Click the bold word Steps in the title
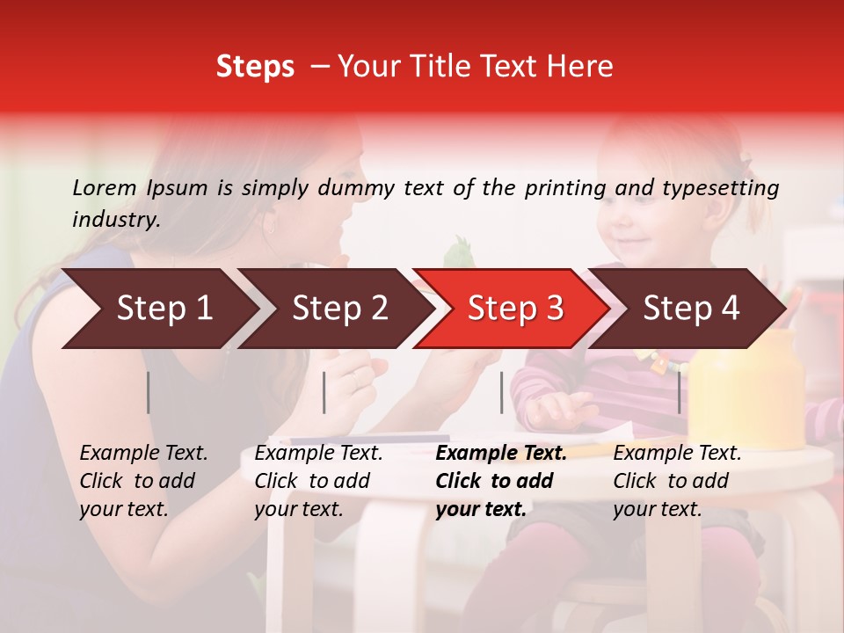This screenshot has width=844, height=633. [x=255, y=66]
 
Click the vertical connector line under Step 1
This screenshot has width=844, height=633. [x=149, y=392]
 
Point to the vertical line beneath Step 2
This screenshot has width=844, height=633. [x=324, y=392]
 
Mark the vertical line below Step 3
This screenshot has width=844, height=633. [x=502, y=392]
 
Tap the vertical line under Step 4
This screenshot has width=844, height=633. [x=679, y=392]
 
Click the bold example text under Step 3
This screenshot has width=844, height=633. [x=501, y=481]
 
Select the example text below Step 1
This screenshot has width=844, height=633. [x=143, y=481]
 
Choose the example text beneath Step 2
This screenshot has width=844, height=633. [x=318, y=481]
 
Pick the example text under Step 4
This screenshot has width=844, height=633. [x=677, y=481]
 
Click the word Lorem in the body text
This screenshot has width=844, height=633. [x=105, y=187]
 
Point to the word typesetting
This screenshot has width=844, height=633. [x=721, y=187]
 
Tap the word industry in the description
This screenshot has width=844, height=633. [x=114, y=219]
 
